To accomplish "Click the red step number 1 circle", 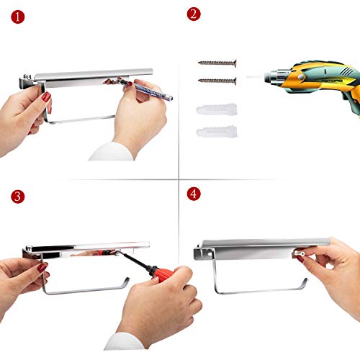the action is click(18, 17).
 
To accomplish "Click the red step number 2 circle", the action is click(194, 14).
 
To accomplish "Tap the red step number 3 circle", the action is click(18, 197).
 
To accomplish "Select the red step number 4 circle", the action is click(194, 194).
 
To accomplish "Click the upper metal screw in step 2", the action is click(217, 63).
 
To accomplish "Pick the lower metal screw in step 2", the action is click(217, 81).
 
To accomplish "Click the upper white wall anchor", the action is click(217, 109).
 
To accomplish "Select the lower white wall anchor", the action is click(217, 132).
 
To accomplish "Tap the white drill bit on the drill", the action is click(255, 77).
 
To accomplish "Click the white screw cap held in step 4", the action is click(299, 253).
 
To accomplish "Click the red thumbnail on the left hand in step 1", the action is click(46, 97).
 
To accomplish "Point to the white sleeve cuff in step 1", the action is click(111, 152).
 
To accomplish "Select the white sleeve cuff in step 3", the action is click(125, 341).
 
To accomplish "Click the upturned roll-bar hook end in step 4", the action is click(304, 284).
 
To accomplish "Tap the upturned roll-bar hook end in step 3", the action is click(125, 283).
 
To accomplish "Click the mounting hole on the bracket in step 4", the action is click(210, 253).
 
